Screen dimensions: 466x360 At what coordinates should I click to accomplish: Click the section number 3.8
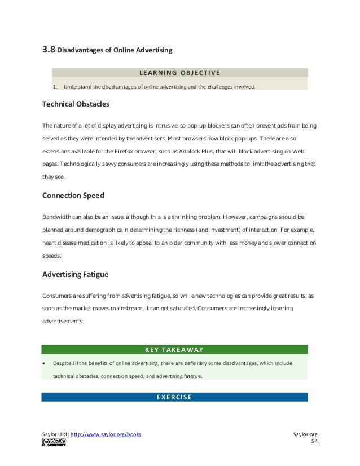click(49, 50)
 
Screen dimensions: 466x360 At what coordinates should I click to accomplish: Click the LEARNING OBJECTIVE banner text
click(179, 72)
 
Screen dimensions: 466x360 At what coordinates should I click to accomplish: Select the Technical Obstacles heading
click(76, 104)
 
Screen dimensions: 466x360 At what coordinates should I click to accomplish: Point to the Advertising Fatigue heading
click(76, 275)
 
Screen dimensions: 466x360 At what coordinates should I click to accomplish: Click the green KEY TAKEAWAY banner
click(174, 349)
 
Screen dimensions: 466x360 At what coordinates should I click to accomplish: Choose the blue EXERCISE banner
click(174, 397)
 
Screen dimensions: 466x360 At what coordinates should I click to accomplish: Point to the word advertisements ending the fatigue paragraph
click(63, 322)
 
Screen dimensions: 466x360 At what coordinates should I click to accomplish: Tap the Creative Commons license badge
click(54, 442)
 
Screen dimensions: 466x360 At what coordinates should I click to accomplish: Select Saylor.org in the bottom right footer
click(306, 434)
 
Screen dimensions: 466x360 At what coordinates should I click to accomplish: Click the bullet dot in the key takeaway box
click(44, 363)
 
